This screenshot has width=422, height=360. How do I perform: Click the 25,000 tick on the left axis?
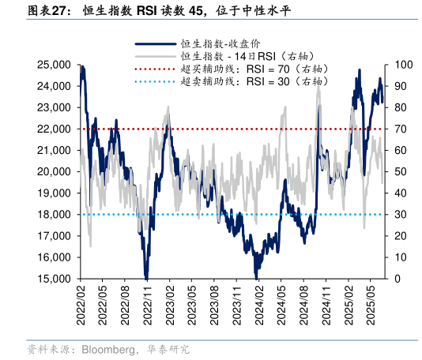pos(56,65)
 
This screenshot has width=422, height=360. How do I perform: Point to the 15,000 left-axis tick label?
pos(56,279)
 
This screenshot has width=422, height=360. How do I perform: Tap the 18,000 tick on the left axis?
pos(56,215)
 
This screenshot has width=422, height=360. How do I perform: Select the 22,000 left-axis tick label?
pos(56,129)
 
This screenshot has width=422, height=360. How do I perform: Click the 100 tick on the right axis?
pos(404,65)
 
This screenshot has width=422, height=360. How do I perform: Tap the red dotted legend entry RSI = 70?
pos(253,69)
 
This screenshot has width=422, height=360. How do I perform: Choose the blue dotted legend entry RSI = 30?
pos(253,81)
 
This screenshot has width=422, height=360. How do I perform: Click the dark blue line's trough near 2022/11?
pos(146,276)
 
